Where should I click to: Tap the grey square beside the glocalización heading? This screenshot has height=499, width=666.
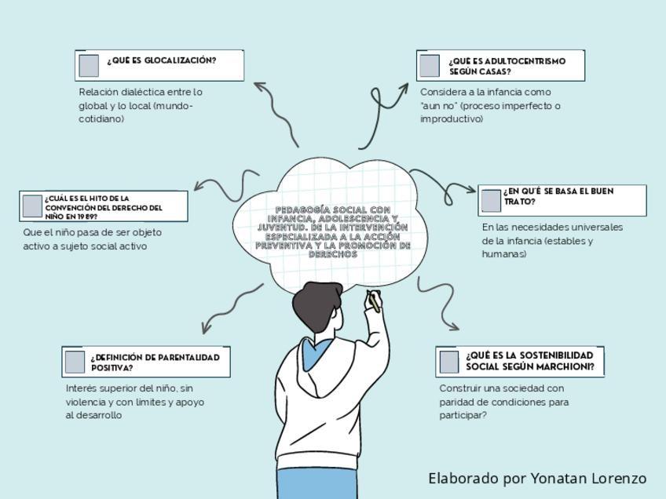(90, 65)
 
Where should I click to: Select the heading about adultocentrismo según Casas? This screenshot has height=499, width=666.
(507, 66)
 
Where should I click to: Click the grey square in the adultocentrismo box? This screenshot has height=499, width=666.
(430, 66)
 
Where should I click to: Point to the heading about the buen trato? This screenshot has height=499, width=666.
(558, 196)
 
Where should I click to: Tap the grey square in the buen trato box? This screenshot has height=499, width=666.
(491, 201)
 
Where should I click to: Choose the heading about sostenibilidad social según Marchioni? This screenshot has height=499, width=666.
(530, 361)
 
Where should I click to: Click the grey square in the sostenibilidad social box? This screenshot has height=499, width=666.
(449, 362)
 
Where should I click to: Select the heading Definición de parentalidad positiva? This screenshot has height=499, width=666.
(155, 362)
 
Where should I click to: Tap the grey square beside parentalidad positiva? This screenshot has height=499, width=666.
(75, 362)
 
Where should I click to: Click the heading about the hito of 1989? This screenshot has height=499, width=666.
(104, 207)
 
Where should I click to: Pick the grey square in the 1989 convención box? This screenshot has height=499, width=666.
(32, 206)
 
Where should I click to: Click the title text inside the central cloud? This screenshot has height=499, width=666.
(333, 231)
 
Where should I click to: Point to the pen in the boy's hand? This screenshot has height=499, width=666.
(375, 300)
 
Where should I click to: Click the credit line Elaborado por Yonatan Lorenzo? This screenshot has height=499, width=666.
(537, 479)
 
